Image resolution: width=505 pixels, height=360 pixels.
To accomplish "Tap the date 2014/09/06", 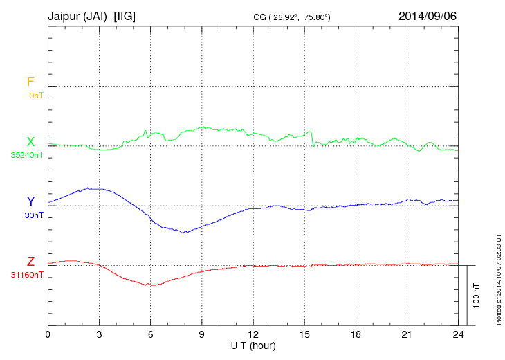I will tap(428, 15).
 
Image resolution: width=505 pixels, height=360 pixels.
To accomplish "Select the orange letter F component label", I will tap(30, 82).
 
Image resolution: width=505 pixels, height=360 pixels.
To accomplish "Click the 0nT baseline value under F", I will tap(36, 96).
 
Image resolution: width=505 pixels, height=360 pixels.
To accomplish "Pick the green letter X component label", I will tap(30, 141).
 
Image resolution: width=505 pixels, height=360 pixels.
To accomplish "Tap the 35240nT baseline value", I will tap(27, 155).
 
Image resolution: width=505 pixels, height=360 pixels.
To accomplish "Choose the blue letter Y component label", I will tap(30, 201).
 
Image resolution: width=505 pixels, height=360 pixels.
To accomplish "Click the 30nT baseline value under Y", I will tap(34, 215).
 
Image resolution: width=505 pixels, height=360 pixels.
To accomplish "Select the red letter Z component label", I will tap(30, 262).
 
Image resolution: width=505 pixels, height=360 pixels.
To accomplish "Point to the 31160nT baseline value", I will tap(27, 275).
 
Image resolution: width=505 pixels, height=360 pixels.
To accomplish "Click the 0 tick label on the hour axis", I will tap(48, 334).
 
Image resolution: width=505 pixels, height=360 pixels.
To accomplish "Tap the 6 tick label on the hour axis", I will tap(150, 334).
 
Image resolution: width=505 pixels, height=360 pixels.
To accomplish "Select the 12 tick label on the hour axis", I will tap(252, 334).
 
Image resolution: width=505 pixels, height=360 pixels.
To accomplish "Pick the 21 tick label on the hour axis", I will tap(406, 334).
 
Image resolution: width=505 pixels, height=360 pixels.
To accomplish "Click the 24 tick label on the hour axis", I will tap(457, 334).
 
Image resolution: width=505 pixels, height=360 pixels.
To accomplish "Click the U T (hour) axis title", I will tap(252, 345).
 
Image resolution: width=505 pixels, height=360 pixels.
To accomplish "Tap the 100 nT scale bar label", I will tap(476, 295).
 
